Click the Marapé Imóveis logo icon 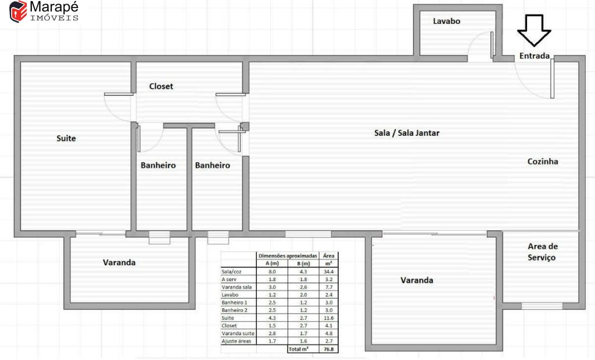click(x=18, y=12)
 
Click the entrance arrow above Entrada click(x=534, y=30)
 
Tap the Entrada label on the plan click(x=535, y=56)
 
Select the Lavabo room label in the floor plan click(x=447, y=21)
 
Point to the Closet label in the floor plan click(x=161, y=87)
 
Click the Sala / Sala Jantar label click(x=407, y=133)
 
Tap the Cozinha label click(x=543, y=161)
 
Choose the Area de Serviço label click(x=542, y=252)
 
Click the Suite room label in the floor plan click(x=66, y=138)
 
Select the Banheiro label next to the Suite click(x=158, y=165)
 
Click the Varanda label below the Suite click(x=119, y=262)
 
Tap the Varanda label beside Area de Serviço click(x=417, y=280)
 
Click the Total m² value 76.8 click(x=329, y=349)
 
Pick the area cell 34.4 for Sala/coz click(x=329, y=272)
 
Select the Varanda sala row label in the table click(x=237, y=287)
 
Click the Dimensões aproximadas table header click(x=288, y=255)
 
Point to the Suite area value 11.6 click(x=329, y=318)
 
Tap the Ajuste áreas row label click(x=236, y=341)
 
